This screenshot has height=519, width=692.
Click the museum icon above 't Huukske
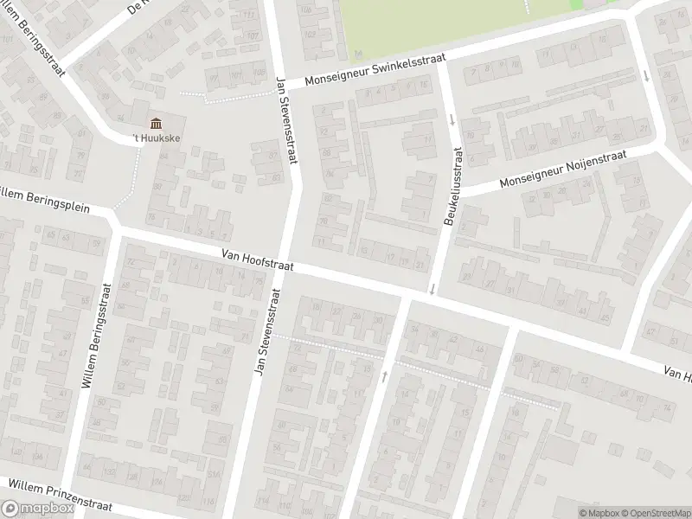pos(156,124)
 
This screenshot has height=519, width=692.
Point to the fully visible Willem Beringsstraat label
pos(96,335)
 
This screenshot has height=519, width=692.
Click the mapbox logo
pos(36,508)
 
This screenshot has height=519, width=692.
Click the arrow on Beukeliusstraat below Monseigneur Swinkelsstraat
pos(452,121)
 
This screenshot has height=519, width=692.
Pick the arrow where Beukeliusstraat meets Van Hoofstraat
pos(431,289)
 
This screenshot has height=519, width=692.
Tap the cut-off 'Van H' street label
pos(676,373)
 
